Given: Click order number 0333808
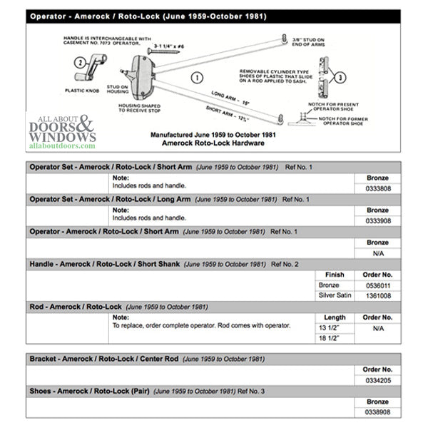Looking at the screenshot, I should click(x=377, y=188).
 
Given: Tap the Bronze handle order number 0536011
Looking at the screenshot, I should click(x=377, y=285).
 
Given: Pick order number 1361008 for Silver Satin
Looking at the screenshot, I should click(x=377, y=295).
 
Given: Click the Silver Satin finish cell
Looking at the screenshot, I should click(x=335, y=295).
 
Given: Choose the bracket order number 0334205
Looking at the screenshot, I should click(x=377, y=380).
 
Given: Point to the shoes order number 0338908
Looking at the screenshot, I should click(x=377, y=412).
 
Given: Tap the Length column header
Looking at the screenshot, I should click(x=335, y=317).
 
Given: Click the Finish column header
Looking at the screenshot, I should click(x=335, y=274).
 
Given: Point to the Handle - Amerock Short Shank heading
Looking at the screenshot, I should click(x=104, y=264).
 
